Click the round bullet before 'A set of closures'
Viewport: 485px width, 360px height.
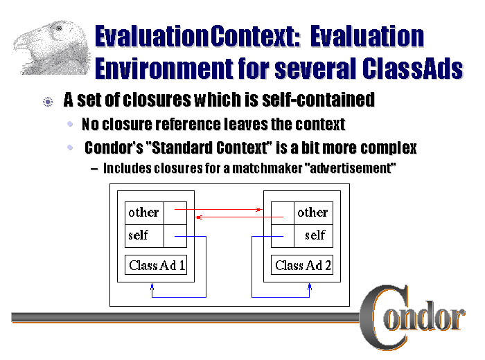(47, 102)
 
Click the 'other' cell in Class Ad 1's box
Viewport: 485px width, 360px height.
(143, 213)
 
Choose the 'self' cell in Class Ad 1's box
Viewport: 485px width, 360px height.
(139, 235)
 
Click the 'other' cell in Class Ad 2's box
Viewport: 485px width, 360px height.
(312, 213)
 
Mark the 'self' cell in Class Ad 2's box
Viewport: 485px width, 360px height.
(315, 235)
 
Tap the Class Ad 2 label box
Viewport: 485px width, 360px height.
(303, 265)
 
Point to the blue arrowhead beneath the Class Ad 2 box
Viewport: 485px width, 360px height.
(310, 287)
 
